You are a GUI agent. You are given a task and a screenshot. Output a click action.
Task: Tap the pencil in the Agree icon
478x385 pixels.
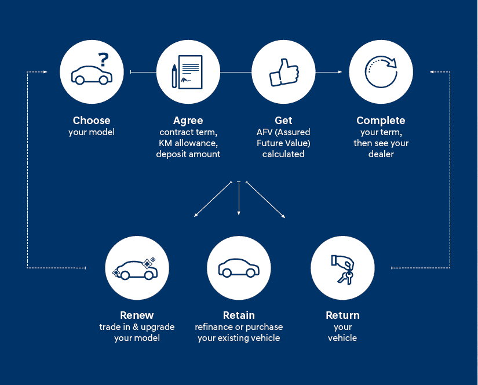coord(174,76)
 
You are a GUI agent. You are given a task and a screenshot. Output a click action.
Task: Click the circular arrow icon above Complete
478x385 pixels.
coord(381,72)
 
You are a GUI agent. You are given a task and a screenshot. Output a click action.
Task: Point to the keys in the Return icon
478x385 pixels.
coord(346,275)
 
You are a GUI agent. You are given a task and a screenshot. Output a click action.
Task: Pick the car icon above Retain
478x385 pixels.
coord(239,268)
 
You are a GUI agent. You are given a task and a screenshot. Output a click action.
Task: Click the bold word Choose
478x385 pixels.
coord(92,121)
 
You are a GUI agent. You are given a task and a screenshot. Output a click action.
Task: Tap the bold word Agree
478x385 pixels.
coord(188,121)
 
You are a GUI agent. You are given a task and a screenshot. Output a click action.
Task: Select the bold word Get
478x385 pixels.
coord(284,121)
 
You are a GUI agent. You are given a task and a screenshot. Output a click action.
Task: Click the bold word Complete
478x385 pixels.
coord(381,121)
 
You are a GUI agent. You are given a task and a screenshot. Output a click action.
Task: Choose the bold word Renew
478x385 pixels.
coord(137,315)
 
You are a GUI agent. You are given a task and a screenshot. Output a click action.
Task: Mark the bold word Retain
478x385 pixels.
coord(239,315)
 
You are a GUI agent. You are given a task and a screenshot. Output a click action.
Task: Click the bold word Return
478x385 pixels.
coord(342,315)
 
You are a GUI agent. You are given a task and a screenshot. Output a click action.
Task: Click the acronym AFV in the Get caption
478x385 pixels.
coord(265,132)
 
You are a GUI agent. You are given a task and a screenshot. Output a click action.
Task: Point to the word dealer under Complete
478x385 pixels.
coord(381,154)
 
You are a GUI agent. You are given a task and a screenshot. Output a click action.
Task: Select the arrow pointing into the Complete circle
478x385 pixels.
coord(338,72)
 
